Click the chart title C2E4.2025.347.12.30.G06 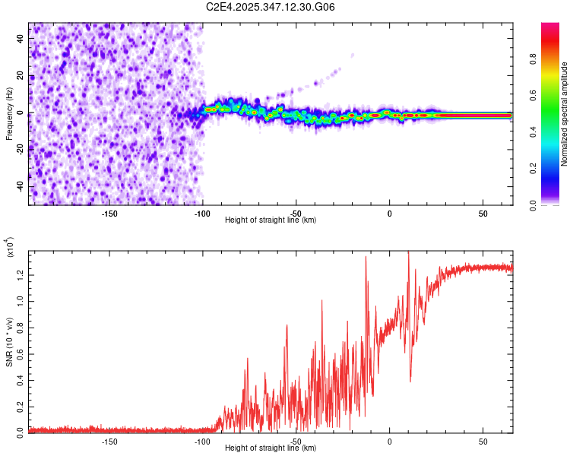click(x=271, y=7)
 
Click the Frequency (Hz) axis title click(x=9, y=114)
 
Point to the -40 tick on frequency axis click(x=21, y=186)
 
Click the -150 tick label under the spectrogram click(x=109, y=214)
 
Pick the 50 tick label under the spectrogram click(x=483, y=214)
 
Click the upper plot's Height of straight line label click(x=271, y=220)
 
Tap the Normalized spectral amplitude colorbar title click(x=565, y=114)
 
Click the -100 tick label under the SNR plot click(x=202, y=442)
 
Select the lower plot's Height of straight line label click(x=271, y=448)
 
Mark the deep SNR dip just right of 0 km click(x=410, y=380)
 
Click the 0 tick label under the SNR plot click(x=389, y=442)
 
